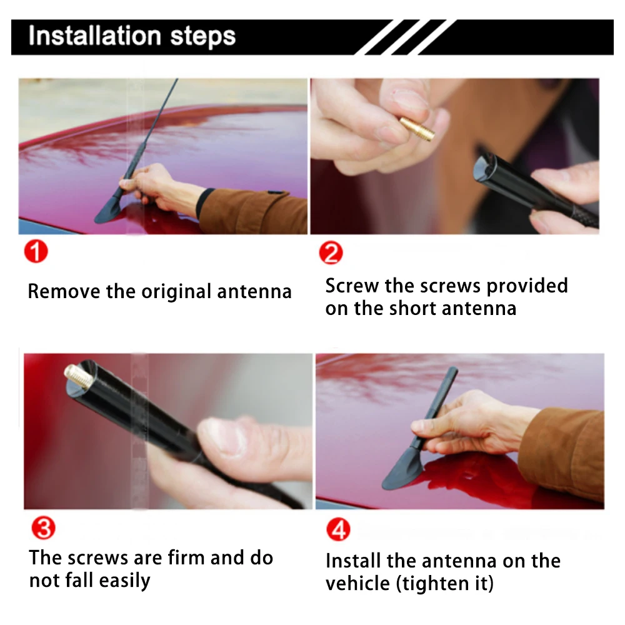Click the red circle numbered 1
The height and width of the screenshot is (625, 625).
coord(36,251)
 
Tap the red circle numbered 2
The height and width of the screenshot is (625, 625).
coord(331,252)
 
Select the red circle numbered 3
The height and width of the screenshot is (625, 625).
coord(44,527)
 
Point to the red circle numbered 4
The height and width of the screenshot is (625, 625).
coord(338,529)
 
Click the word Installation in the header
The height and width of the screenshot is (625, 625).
coord(95,36)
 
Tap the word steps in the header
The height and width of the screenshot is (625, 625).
coord(203,37)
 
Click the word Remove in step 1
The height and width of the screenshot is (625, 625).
coord(64,291)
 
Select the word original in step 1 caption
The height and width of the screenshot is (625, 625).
coord(176,292)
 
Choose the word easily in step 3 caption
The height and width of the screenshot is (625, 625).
coord(125,581)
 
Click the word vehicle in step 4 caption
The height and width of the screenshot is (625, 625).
coord(357,584)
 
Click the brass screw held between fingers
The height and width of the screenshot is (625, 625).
coord(416,128)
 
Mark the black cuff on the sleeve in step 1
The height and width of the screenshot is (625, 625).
coord(205,202)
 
